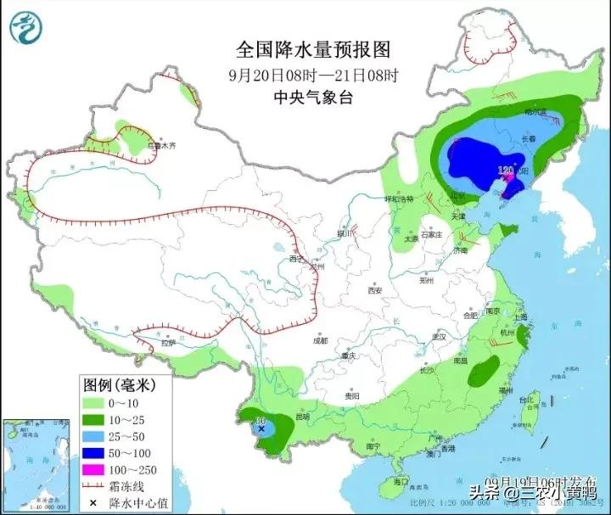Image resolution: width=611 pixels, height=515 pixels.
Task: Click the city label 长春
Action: point(529,138)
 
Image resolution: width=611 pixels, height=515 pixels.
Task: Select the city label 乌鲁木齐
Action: point(160,146)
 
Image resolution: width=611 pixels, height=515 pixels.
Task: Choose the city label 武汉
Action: point(439,337)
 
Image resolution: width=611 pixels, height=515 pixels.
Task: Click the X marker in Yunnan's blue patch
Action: point(261,430)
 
